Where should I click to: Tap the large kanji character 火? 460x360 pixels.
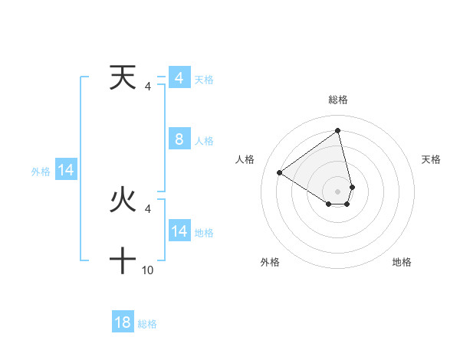pyautogui.click(x=123, y=200)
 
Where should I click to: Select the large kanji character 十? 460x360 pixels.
pyautogui.click(x=123, y=260)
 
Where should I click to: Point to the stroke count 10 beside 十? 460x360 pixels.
pyautogui.click(x=148, y=270)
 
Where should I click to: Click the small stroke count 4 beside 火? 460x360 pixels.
pyautogui.click(x=148, y=208)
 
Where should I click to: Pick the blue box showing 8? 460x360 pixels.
pyautogui.click(x=179, y=139)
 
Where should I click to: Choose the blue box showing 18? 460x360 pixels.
pyautogui.click(x=123, y=322)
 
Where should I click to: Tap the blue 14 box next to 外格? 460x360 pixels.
pyautogui.click(x=66, y=171)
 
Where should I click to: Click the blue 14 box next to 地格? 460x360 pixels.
pyautogui.click(x=179, y=231)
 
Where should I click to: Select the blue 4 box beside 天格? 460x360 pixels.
pyautogui.click(x=179, y=78)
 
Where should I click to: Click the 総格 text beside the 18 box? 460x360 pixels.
pyautogui.click(x=147, y=324)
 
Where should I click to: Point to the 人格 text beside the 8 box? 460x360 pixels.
pyautogui.click(x=204, y=141)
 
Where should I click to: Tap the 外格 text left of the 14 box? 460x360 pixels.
pyautogui.click(x=41, y=172)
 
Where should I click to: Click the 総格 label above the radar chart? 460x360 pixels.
pyautogui.click(x=337, y=100)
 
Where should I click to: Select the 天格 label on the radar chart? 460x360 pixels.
pyautogui.click(x=432, y=159)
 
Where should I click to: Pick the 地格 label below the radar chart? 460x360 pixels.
pyautogui.click(x=402, y=262)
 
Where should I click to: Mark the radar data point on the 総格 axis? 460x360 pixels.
pyautogui.click(x=337, y=130)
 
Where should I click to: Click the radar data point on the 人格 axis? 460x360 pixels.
pyautogui.click(x=280, y=172)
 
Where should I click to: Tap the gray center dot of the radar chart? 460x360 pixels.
pyautogui.click(x=337, y=191)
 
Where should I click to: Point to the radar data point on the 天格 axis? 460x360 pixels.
pyautogui.click(x=352, y=186)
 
